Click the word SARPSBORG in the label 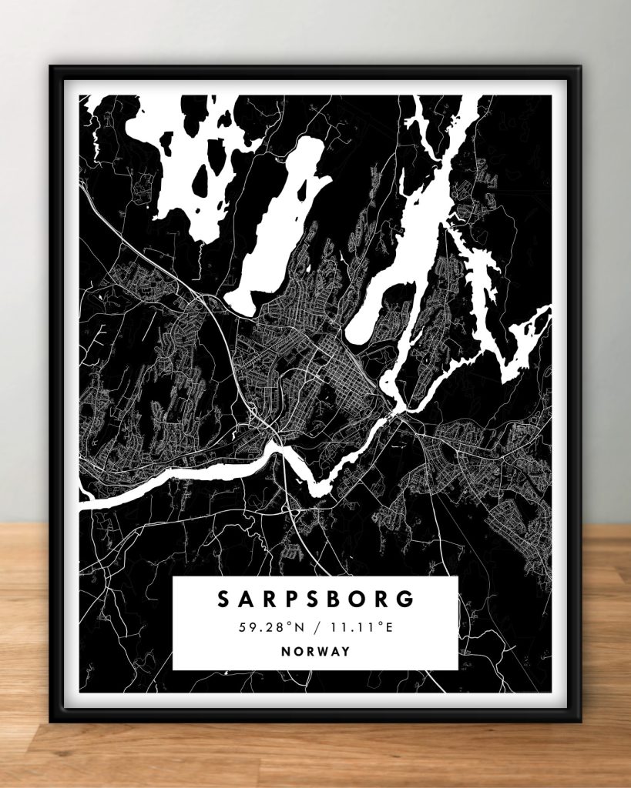315,599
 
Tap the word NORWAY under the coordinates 315,651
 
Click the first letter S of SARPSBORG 223,599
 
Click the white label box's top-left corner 173,577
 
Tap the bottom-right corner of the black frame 580,721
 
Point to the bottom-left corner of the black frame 51,721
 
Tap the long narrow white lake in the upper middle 277,223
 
